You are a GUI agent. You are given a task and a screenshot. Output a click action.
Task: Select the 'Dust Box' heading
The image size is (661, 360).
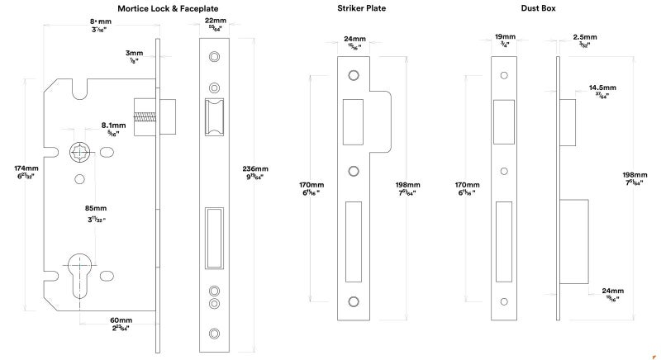(x=538, y=8)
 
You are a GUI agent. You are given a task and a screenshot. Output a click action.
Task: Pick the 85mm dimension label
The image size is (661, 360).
(x=96, y=208)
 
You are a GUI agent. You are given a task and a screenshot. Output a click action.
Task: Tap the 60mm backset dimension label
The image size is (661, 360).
(x=121, y=320)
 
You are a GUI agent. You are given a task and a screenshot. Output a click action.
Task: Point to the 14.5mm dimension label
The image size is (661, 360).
(x=601, y=86)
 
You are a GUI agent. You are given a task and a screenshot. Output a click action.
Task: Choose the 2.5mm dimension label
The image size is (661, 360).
(x=586, y=37)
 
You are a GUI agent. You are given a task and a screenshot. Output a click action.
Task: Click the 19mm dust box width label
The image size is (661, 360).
(x=504, y=37)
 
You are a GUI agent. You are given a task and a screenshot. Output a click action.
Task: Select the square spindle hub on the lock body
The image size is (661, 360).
(x=80, y=152)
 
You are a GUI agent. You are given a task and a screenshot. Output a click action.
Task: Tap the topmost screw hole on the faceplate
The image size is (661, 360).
(x=214, y=57)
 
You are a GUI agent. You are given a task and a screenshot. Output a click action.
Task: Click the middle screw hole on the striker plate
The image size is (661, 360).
(x=354, y=172)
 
